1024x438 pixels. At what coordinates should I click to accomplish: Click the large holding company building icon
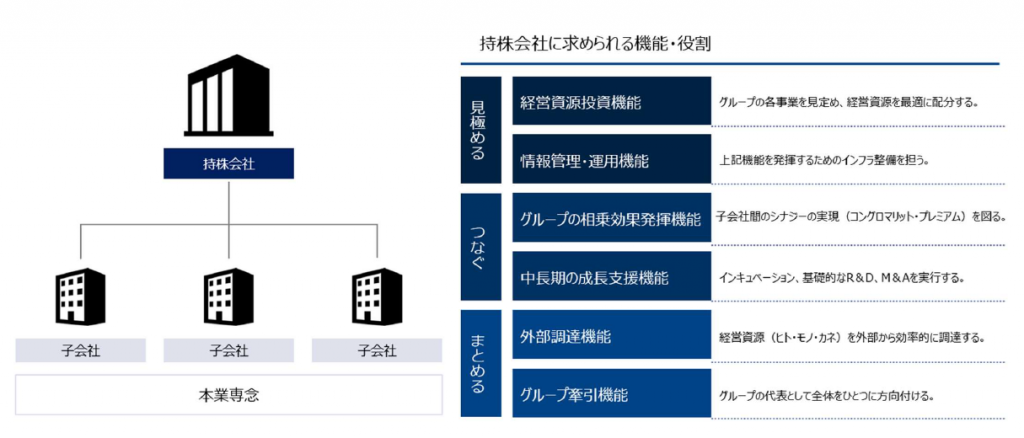[x=228, y=100]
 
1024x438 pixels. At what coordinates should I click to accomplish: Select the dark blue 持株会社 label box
[x=229, y=163]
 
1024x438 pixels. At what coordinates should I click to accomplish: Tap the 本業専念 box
[x=229, y=394]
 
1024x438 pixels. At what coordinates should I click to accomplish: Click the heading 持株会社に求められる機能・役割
[x=596, y=44]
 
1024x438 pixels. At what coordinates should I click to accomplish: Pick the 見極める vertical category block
[x=481, y=130]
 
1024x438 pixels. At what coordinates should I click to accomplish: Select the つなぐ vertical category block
[x=481, y=247]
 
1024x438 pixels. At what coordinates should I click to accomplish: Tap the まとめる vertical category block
[x=481, y=364]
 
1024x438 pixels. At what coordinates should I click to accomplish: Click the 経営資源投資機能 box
[x=612, y=101]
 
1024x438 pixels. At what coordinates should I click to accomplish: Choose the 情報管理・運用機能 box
[x=612, y=159]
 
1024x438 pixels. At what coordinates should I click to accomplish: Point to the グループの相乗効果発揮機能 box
[x=612, y=218]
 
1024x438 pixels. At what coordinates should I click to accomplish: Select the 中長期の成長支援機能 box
[x=612, y=276]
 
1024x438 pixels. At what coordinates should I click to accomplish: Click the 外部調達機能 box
[x=612, y=335]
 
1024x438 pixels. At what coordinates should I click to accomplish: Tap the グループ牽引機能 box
[x=612, y=393]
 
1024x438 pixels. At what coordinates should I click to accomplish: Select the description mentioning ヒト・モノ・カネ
[x=852, y=338]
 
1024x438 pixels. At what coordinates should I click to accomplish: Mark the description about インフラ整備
[x=824, y=160]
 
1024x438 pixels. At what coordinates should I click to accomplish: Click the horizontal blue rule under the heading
[x=730, y=64]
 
